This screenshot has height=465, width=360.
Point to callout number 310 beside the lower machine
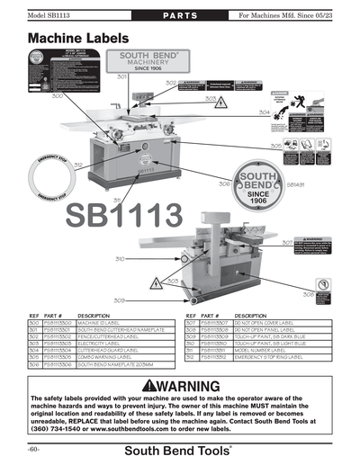tap(119, 258)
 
